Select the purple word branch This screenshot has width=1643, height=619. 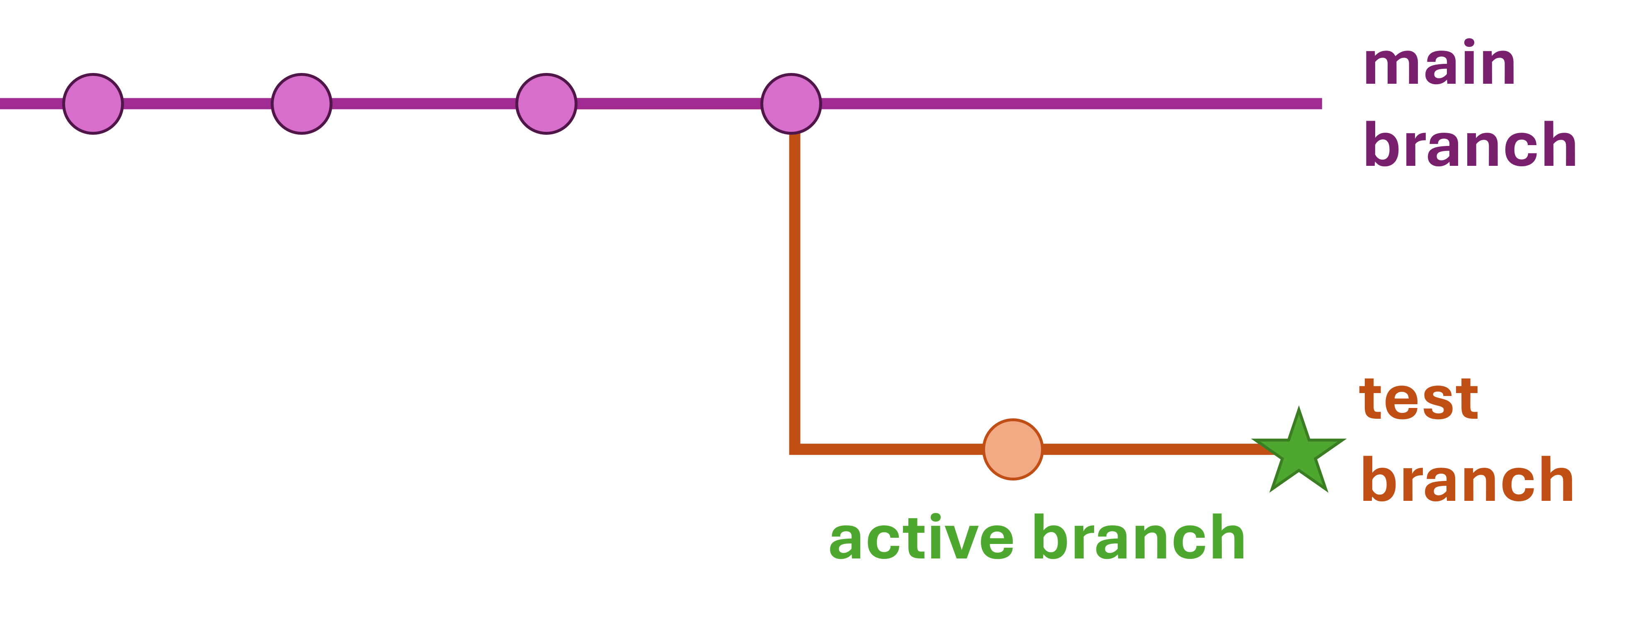1470,146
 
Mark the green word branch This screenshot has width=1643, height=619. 1139,538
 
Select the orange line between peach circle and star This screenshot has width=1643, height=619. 1148,449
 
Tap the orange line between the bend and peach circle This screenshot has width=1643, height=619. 893,449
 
